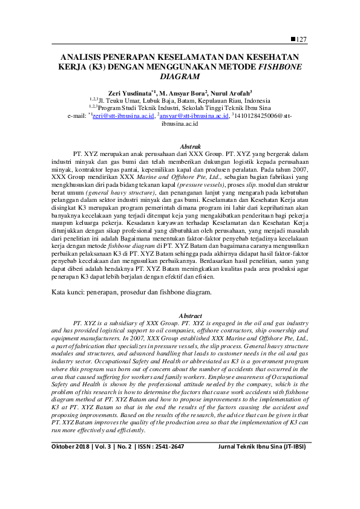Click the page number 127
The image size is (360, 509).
[x=302, y=39]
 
